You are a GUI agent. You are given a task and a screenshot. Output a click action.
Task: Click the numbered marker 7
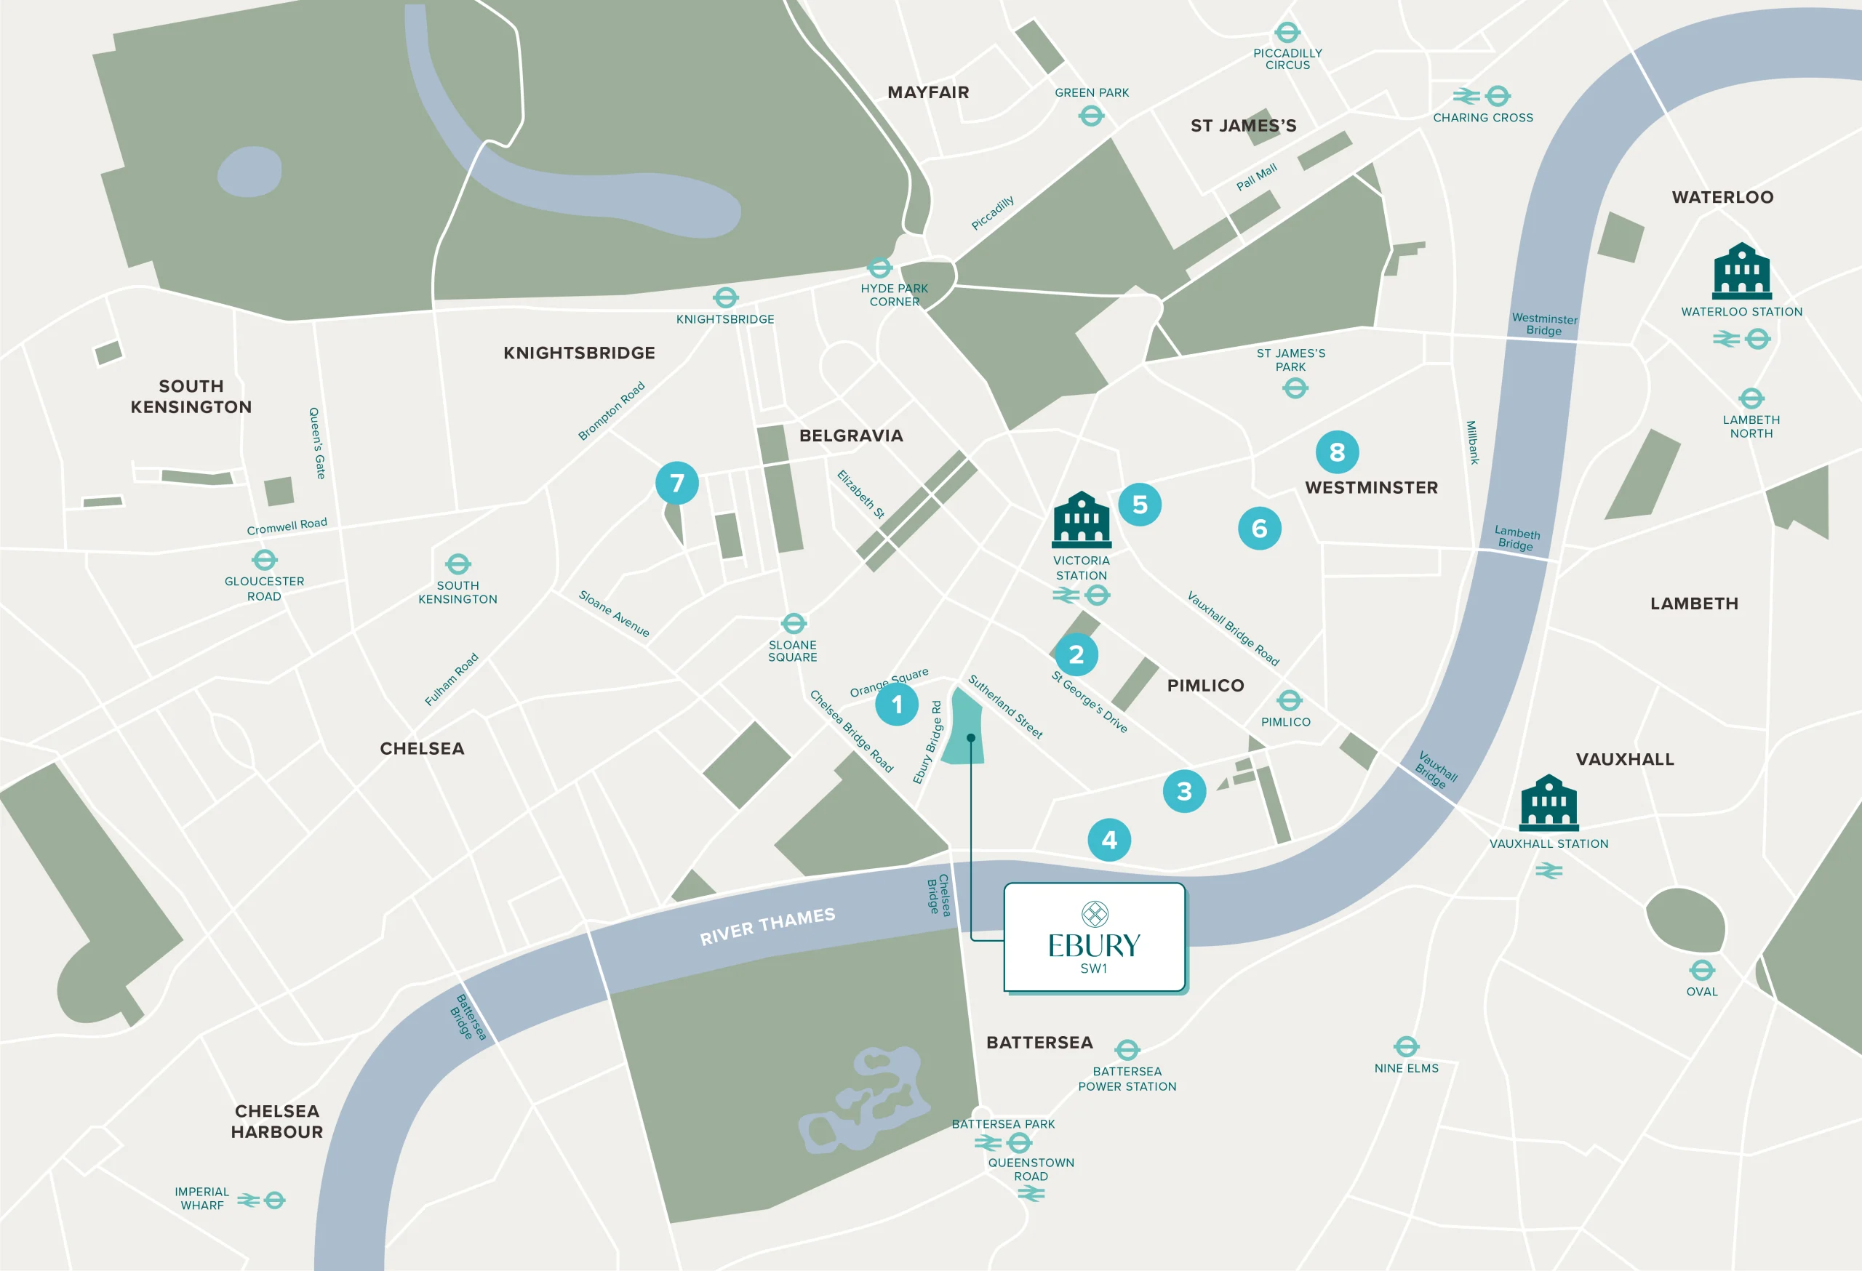pos(677,483)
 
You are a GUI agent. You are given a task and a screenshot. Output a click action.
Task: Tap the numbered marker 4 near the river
pos(1109,839)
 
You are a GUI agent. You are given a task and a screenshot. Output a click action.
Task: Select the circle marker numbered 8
pos(1336,452)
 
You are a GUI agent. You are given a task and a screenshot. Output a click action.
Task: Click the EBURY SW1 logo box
pos(1095,937)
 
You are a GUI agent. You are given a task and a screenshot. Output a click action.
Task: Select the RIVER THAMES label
pos(767,926)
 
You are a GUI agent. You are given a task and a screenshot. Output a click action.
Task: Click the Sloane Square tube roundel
pos(794,623)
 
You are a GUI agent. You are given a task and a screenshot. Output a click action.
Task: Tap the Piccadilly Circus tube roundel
pos(1287,33)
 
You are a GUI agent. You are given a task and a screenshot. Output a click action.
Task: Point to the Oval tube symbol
pos(1702,971)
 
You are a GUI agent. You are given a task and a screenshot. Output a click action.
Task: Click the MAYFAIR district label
pos(928,92)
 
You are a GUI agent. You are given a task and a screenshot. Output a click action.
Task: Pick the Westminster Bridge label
pos(1544,324)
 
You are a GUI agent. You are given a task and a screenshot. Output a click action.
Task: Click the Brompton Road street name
pos(611,411)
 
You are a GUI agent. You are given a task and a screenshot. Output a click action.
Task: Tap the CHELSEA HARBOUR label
pos(276,1121)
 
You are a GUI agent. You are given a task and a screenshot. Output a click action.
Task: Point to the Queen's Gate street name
pos(317,443)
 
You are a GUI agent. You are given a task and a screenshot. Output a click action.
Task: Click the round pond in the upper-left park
pos(250,172)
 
